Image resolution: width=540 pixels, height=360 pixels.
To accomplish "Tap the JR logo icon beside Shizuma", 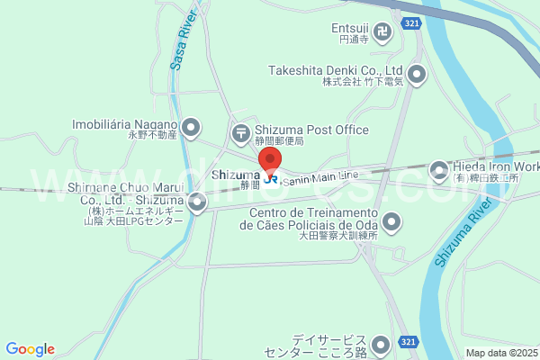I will pyautogui.click(x=270, y=178).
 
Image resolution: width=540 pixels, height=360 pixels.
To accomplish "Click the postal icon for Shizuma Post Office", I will pyautogui.click(x=241, y=134).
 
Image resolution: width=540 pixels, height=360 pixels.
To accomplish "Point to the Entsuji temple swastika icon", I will pyautogui.click(x=384, y=34).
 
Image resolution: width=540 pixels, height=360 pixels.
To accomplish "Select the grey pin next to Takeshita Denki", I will pyautogui.click(x=417, y=75).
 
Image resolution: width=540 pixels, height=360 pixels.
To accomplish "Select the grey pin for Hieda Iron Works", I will pyautogui.click(x=439, y=168).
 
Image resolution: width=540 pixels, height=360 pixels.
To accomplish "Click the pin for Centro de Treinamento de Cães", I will pyautogui.click(x=391, y=220).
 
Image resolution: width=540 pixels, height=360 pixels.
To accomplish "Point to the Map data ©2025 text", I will pyautogui.click(x=500, y=353).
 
